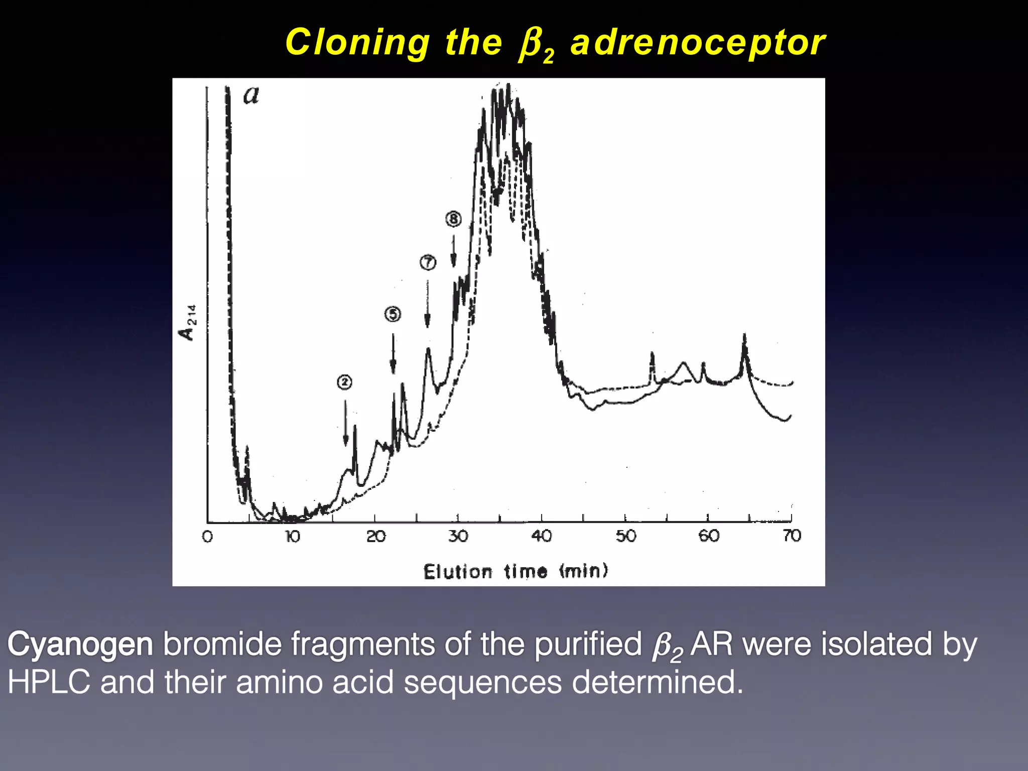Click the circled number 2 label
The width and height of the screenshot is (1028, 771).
344,382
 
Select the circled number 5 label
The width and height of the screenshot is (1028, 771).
393,314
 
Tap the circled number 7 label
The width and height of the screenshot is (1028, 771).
428,262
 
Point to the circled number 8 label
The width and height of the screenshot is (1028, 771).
453,219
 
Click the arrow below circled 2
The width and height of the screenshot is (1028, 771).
345,422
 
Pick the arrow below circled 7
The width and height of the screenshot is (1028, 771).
428,303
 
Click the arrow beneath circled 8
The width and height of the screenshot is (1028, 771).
453,251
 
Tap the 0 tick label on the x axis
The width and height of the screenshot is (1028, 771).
207,537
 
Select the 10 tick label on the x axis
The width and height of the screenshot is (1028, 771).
292,537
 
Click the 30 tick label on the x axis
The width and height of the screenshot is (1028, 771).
458,537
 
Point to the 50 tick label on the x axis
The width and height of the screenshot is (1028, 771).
626,537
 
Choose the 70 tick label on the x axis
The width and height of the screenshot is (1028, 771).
792,536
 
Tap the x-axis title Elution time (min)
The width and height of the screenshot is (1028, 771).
516,571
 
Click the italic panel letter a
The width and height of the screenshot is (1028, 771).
251,95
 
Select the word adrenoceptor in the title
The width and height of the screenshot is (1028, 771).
697,43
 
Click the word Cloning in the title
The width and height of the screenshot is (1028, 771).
357,43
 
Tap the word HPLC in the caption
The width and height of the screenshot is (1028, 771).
49,683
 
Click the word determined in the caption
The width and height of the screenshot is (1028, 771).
657,683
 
